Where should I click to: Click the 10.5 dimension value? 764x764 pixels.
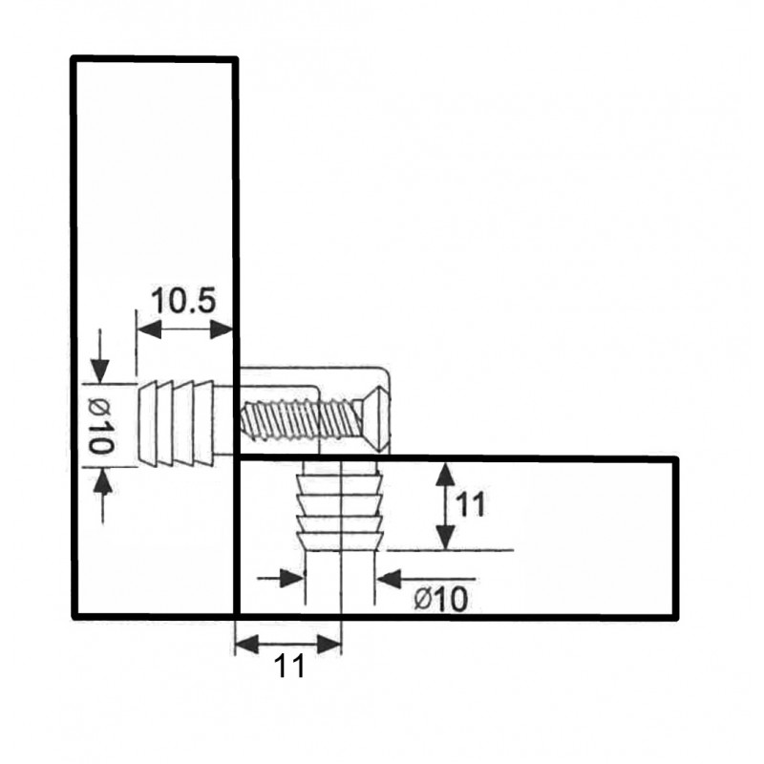[183, 301]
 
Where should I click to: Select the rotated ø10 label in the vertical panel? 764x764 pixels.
[102, 425]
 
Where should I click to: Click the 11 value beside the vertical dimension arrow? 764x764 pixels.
[471, 504]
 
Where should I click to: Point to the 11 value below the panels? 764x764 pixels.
[289, 666]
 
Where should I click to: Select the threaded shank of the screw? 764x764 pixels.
[302, 418]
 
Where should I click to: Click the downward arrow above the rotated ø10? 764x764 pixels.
[100, 356]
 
